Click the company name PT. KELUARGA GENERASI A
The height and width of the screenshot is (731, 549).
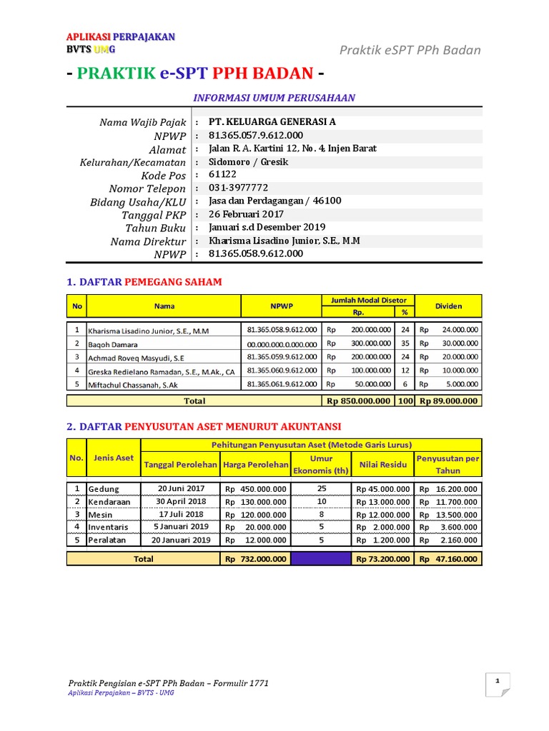coord(272,122)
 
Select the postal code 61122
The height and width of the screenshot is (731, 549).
coord(222,175)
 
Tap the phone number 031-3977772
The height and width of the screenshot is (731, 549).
coord(238,188)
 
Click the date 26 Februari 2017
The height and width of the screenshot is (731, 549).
coord(246,214)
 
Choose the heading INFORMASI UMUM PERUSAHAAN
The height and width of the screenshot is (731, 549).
coord(274,98)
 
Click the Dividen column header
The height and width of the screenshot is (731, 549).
coord(449,306)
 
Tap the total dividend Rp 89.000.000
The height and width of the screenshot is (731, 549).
coord(449,401)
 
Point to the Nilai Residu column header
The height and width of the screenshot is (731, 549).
coord(383,465)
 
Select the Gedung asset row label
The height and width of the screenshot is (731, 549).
coord(104,489)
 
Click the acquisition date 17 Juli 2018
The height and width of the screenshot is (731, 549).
coord(181,514)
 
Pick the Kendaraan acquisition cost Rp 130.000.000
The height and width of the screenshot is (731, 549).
coord(255,502)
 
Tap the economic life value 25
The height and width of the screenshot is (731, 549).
coord(321,489)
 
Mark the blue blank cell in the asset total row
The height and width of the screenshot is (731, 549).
coord(321,560)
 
